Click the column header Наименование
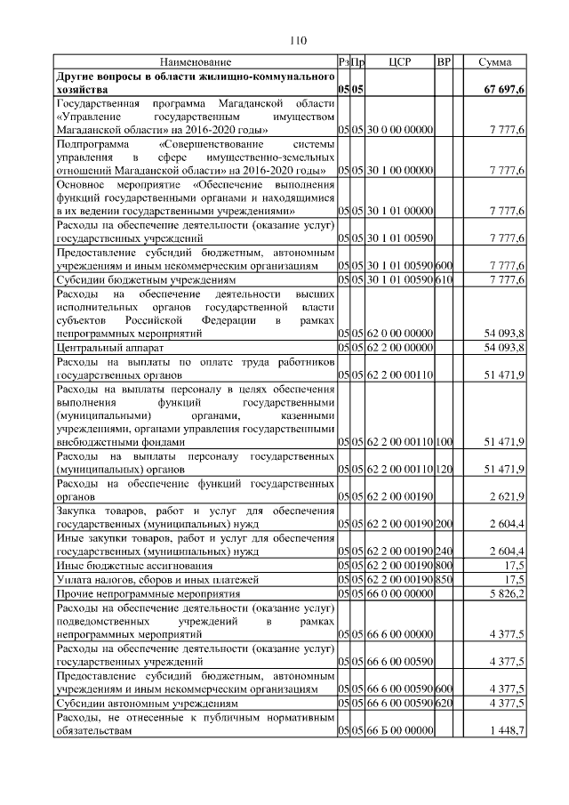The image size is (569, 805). coord(196,62)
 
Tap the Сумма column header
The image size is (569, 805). coord(494,62)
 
